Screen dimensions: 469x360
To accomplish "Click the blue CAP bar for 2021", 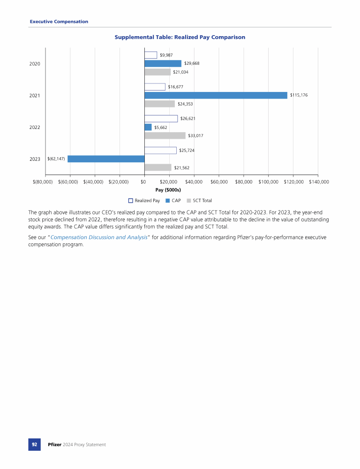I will (x=216, y=95).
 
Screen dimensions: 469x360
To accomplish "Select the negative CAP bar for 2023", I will (x=106, y=159).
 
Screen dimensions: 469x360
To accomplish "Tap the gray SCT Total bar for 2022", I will (x=165, y=136).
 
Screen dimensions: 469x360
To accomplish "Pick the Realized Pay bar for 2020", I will (x=151, y=55).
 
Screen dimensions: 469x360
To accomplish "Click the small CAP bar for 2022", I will (x=148, y=127).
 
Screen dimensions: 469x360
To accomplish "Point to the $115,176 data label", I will (x=299, y=95).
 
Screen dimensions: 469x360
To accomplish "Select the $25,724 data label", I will (x=187, y=151).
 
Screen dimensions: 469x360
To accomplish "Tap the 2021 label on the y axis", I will (x=35, y=95).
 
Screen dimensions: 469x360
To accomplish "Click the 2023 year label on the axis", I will (x=35, y=159).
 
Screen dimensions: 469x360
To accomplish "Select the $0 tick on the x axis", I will (x=143, y=182).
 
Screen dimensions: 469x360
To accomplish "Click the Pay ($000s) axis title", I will (x=168, y=190).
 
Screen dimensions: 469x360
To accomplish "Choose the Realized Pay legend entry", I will (x=144, y=201).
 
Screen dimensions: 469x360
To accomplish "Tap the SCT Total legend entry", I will (x=199, y=201).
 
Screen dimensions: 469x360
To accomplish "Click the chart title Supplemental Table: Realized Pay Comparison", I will (x=180, y=37).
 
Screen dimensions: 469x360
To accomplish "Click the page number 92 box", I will (x=35, y=444).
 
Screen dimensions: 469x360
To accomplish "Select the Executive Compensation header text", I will (x=59, y=22).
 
